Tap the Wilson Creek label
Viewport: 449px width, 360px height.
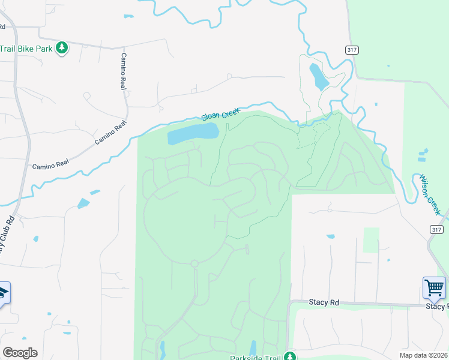coord(430,195)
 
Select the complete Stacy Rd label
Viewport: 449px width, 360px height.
coord(324,302)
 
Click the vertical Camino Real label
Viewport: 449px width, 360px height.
coord(124,71)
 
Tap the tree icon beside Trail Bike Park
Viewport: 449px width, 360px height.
coord(61,47)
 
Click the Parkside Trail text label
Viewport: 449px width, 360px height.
coord(256,358)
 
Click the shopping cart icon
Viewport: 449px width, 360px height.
coord(434,287)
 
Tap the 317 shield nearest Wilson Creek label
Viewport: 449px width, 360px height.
coord(436,229)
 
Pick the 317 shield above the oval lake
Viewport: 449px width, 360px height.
coord(352,50)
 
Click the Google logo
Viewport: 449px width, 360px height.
coord(20,353)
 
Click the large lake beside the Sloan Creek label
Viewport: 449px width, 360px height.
coord(193,133)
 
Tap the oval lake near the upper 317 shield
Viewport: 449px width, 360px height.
coord(318,76)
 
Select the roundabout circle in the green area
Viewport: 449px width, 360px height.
coord(194,263)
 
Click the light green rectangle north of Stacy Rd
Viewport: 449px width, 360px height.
coord(371,240)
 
